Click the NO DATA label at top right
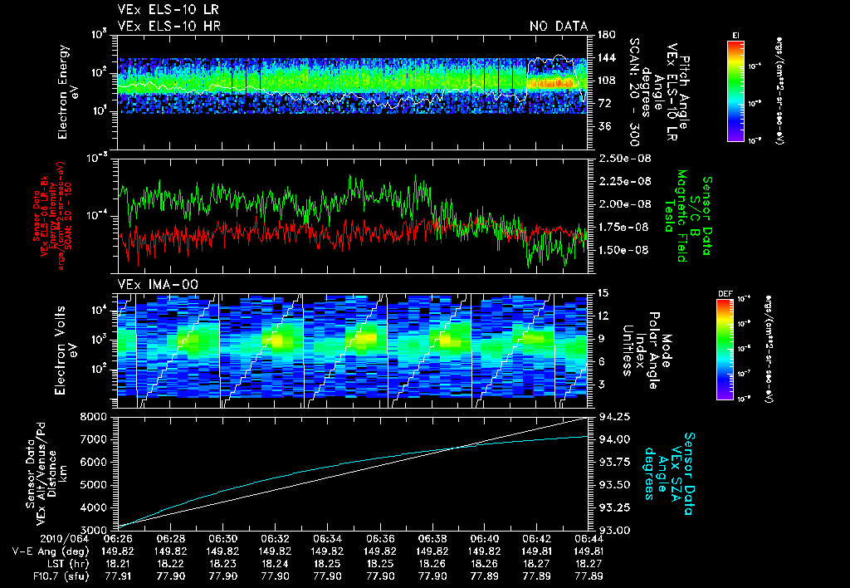559,26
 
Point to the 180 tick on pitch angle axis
600,34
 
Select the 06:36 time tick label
379,539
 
